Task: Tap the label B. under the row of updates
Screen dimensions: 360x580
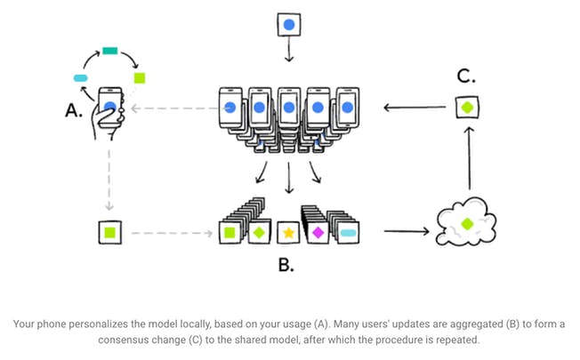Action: click(x=286, y=264)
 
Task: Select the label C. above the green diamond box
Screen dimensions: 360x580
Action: click(x=466, y=76)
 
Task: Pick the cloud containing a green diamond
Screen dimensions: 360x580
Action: click(x=467, y=222)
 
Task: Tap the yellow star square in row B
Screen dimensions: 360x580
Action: click(x=288, y=233)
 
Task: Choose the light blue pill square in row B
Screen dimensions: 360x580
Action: click(x=348, y=233)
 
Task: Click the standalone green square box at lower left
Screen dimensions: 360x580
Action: click(x=109, y=233)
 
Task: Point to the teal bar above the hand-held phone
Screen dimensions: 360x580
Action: click(x=110, y=51)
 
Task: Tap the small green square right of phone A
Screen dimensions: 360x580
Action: click(x=139, y=79)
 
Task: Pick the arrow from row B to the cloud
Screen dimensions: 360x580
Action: click(x=406, y=234)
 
